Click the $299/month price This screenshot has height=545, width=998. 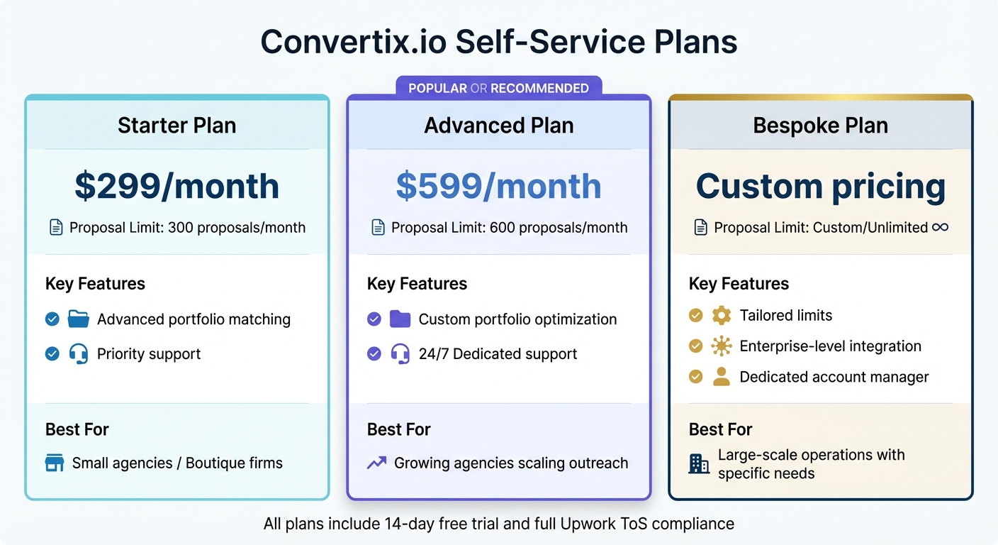pyautogui.click(x=176, y=186)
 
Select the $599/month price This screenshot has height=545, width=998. pyautogui.click(x=498, y=186)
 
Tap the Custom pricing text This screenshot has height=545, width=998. pyautogui.click(x=821, y=186)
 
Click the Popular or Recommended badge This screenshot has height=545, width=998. pyautogui.click(x=498, y=88)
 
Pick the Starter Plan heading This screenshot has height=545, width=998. pyautogui.click(x=176, y=126)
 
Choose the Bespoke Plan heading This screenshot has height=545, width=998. pyautogui.click(x=821, y=126)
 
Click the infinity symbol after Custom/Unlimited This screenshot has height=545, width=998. pyautogui.click(x=941, y=227)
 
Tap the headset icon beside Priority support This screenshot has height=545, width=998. pyautogui.click(x=79, y=353)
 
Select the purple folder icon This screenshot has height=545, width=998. pyautogui.click(x=400, y=319)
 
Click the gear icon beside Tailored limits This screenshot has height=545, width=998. pyautogui.click(x=722, y=315)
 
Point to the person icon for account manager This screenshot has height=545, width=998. pyautogui.click(x=722, y=377)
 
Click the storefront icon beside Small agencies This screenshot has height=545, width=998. pyautogui.click(x=55, y=463)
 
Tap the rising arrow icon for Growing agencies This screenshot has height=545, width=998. pyautogui.click(x=376, y=463)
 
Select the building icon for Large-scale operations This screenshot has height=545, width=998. pyautogui.click(x=699, y=464)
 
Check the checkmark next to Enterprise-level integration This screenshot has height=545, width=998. pyautogui.click(x=696, y=346)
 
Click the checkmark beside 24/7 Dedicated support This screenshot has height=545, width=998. pyautogui.click(x=374, y=353)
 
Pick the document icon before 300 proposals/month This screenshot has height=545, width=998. pyautogui.click(x=55, y=228)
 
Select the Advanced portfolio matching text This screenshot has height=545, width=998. pyautogui.click(x=194, y=319)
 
